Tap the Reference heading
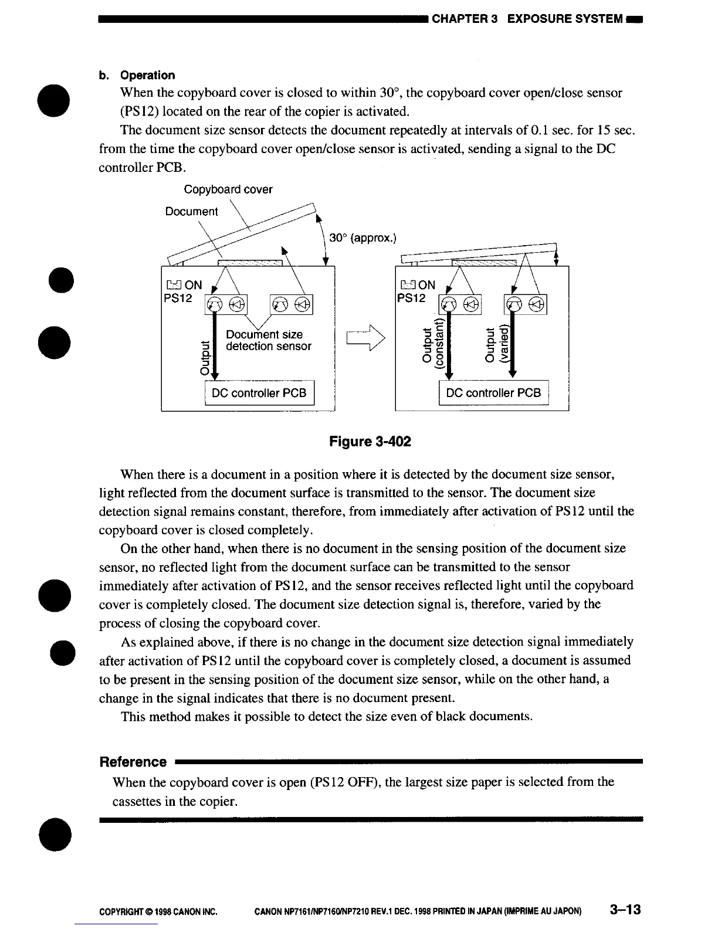(x=133, y=762)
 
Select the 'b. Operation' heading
(x=137, y=75)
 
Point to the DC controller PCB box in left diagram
(x=259, y=393)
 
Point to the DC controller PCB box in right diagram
(x=493, y=393)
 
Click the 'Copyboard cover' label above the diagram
(x=228, y=189)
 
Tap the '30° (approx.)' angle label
(x=363, y=238)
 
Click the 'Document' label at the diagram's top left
(x=191, y=211)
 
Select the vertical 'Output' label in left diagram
(x=204, y=359)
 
